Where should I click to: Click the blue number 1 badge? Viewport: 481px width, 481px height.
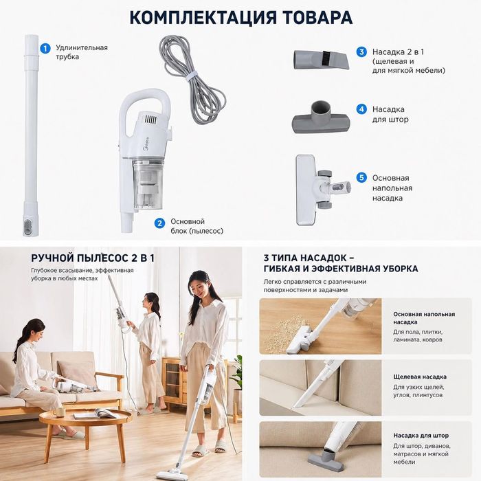[x=45, y=48]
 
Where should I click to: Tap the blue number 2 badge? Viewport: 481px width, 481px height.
[x=159, y=223]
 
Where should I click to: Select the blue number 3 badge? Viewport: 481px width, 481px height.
[x=361, y=52]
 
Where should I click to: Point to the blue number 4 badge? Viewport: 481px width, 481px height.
[x=361, y=109]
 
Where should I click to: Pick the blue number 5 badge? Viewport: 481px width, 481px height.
[x=361, y=177]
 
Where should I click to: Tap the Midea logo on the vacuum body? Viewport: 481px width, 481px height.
[x=146, y=144]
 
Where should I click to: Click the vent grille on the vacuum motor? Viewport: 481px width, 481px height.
[x=150, y=120]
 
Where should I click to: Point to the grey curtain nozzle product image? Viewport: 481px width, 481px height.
[x=321, y=118]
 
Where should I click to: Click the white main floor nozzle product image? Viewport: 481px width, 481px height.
[x=322, y=190]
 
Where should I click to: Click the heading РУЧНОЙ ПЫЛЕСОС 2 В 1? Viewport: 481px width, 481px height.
[x=93, y=258]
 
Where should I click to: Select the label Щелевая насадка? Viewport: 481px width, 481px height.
[x=420, y=377]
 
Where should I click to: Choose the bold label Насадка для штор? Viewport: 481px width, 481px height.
[x=421, y=435]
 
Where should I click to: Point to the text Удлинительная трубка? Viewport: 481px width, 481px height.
[x=82, y=52]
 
